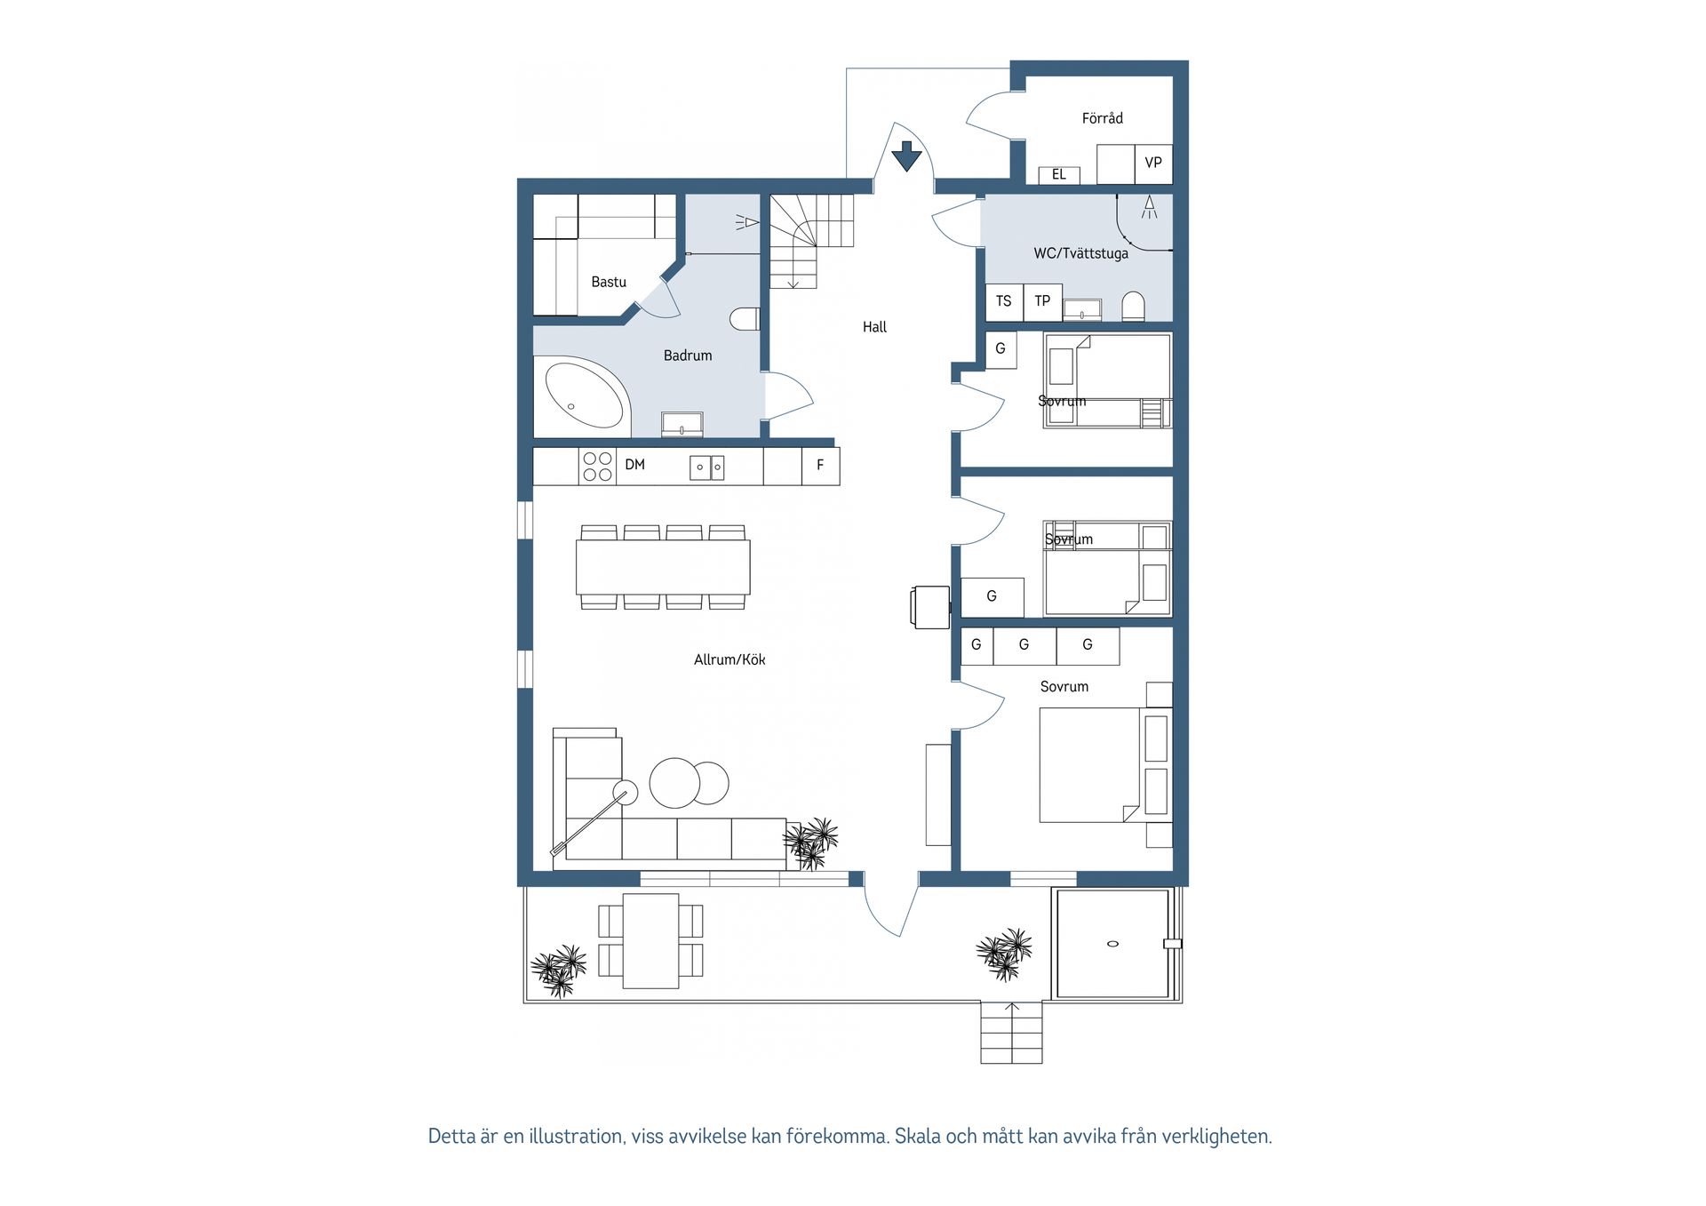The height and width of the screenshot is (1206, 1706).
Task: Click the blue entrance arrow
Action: click(906, 156)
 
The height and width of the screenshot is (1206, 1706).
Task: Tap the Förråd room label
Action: click(1102, 118)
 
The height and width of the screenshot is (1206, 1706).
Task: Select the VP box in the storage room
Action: click(1153, 164)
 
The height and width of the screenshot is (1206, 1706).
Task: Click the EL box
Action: click(1059, 175)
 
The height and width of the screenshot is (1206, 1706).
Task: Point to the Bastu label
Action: click(609, 282)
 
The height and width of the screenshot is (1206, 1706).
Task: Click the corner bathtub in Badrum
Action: click(583, 397)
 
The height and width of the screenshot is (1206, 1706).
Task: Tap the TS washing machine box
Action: click(1004, 302)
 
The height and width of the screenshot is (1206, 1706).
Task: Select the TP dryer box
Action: click(1042, 302)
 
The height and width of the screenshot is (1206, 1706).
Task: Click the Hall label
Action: click(874, 327)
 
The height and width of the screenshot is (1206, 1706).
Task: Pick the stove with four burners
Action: click(598, 467)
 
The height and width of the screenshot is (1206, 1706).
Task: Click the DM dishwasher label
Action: click(634, 465)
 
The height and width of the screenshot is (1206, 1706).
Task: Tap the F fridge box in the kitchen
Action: click(821, 466)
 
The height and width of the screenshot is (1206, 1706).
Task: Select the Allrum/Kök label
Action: click(729, 659)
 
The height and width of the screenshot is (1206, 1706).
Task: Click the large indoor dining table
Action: click(663, 567)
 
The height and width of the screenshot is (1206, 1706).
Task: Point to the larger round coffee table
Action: click(676, 783)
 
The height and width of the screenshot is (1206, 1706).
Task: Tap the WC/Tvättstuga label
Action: click(1080, 253)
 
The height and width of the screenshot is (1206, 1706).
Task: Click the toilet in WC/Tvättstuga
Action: click(1133, 307)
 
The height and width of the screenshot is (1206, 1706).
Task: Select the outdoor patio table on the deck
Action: click(650, 941)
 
